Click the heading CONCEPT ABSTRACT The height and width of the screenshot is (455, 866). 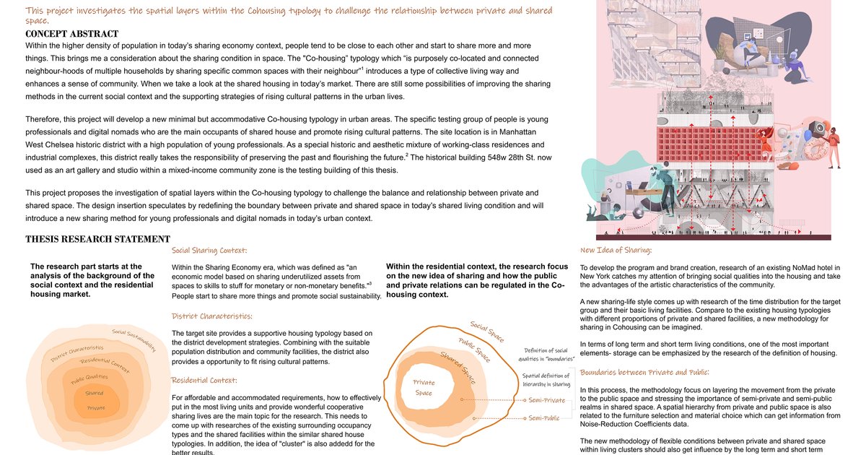71,34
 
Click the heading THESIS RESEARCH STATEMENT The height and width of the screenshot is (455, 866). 97,239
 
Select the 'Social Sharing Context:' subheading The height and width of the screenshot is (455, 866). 209,251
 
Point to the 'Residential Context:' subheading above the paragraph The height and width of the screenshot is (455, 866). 204,380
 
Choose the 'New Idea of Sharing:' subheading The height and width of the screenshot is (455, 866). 616,251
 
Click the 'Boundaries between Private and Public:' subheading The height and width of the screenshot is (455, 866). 644,372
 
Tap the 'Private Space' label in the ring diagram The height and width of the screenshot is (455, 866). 424,388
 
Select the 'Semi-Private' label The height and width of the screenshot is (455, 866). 547,399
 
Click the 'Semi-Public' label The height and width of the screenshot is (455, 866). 545,418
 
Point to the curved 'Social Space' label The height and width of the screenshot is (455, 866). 486,332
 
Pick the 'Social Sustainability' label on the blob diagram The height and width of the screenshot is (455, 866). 134,341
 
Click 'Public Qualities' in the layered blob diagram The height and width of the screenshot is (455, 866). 89,377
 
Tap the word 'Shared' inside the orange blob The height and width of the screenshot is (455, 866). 95,394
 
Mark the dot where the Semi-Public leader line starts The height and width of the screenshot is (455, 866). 473,418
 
